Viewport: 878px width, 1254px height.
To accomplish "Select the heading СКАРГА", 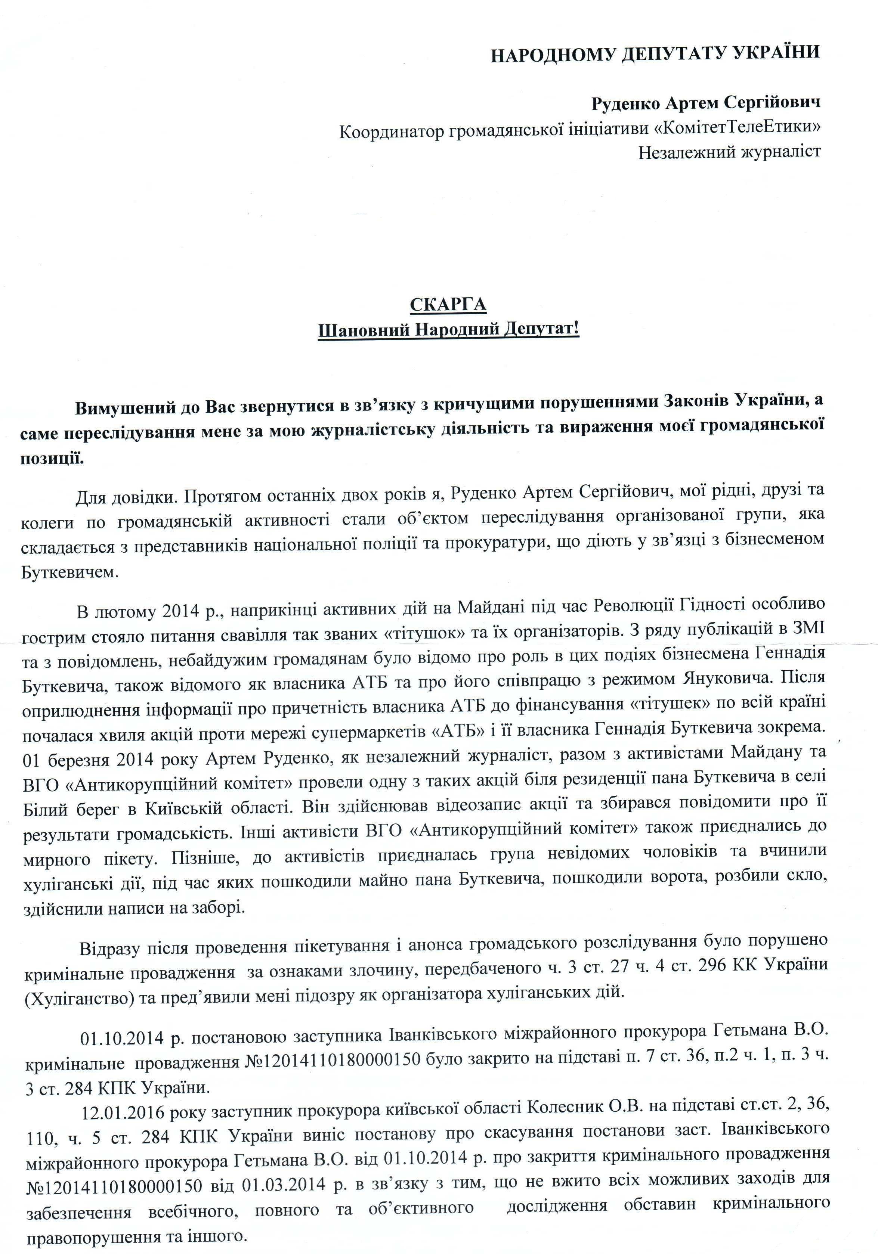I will (448, 304).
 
